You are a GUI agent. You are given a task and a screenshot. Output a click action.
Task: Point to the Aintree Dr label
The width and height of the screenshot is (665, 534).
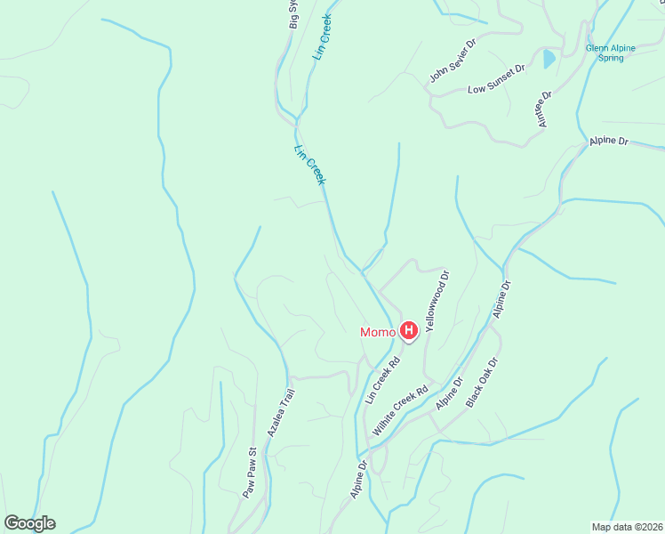pos(545,108)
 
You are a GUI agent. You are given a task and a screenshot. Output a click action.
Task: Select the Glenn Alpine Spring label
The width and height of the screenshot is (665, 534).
pos(605,53)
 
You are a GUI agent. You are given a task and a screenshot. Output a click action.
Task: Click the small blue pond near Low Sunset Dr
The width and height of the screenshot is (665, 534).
pos(549,60)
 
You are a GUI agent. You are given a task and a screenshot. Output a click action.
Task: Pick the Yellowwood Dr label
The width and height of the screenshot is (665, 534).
pos(437,301)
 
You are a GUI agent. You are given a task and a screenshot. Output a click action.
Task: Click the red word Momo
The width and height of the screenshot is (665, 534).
pos(378,333)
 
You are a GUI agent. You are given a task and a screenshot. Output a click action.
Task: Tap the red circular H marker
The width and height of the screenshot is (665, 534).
pos(409,332)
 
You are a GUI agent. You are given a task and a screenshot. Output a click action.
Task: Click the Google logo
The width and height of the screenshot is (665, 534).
pos(29,523)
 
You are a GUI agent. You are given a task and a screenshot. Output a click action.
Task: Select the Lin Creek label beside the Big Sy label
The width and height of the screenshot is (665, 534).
pos(322,36)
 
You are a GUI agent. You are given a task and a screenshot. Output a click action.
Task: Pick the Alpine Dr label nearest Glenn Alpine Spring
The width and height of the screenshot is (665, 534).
pos(609,141)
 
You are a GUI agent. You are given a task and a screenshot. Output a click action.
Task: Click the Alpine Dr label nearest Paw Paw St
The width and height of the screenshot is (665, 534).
pos(357,479)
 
